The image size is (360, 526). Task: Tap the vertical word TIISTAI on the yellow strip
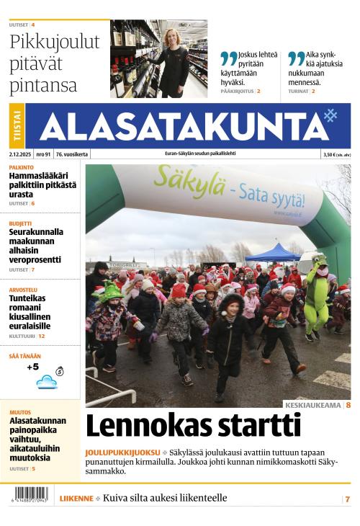(17, 127)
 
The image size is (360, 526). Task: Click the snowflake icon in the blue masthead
(330, 115)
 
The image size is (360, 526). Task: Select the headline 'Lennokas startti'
(193, 426)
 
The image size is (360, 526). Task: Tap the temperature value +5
(32, 367)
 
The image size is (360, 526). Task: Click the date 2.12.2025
(20, 154)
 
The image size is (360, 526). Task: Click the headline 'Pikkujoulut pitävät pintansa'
(54, 63)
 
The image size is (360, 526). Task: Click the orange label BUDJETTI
(20, 223)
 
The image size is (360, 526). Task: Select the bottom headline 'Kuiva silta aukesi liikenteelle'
(165, 498)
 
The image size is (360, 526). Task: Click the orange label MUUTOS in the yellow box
(20, 412)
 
